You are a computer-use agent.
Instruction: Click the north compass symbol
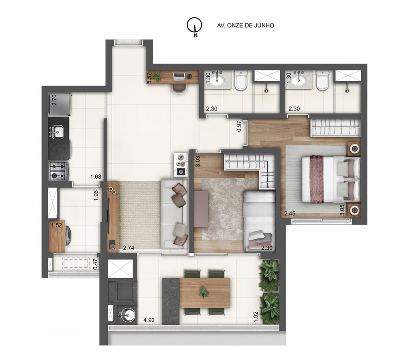tap(194, 26)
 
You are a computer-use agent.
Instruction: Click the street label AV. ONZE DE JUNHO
tap(246, 25)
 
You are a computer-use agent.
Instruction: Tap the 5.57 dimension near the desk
tap(149, 78)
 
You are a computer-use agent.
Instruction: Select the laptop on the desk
tap(179, 76)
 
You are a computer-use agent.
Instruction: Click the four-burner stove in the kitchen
tap(58, 170)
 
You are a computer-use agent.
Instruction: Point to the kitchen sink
tap(58, 131)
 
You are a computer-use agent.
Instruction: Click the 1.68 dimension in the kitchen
tap(96, 177)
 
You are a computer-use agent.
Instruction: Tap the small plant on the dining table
tap(204, 292)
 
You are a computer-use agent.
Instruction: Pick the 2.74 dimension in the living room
tap(128, 247)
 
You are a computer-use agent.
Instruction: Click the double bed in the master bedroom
tap(330, 179)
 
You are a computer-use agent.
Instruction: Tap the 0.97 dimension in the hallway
tap(239, 127)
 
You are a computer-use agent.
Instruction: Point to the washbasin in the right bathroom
tap(300, 79)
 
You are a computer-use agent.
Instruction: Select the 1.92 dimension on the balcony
tap(256, 316)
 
